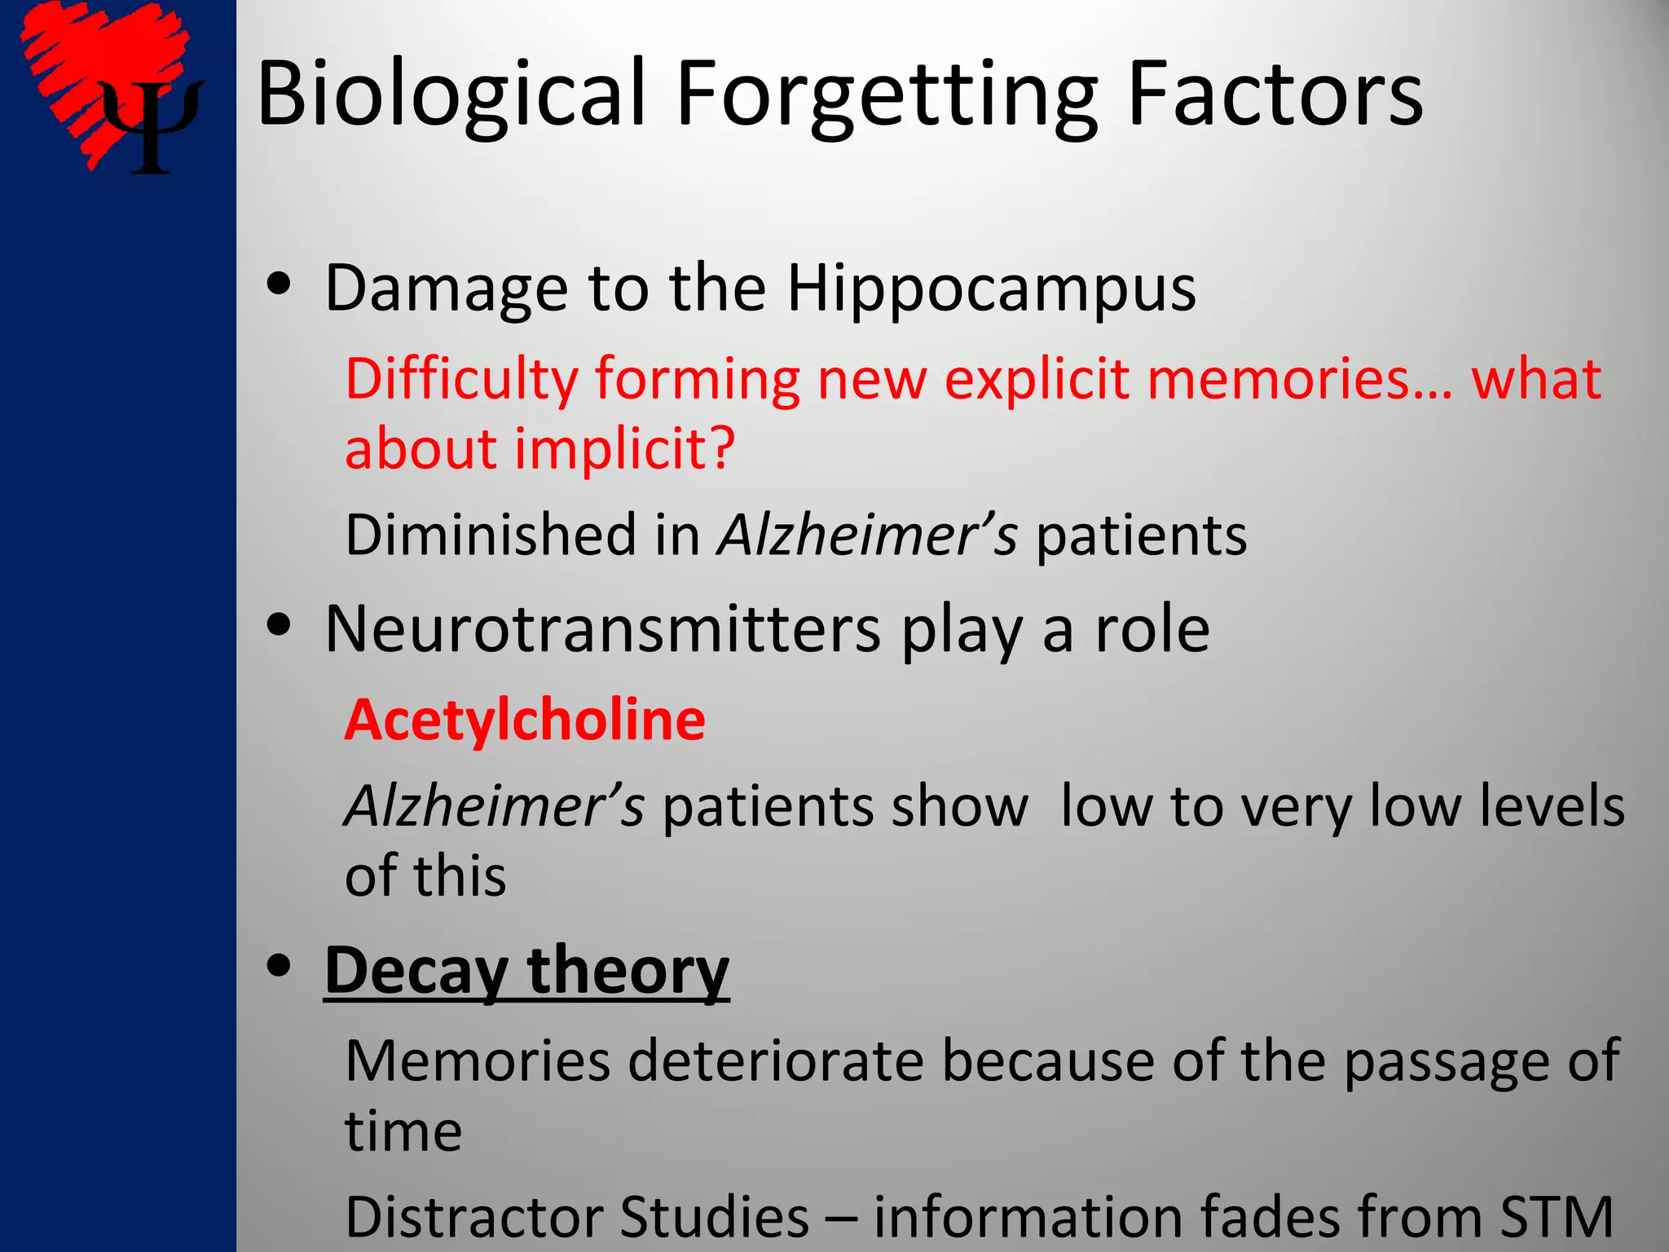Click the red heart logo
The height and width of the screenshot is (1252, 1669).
[x=90, y=65]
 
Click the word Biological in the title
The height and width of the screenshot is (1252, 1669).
[x=451, y=95]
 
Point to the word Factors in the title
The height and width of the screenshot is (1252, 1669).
[x=1275, y=95]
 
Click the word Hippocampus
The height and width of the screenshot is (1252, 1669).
[x=991, y=290]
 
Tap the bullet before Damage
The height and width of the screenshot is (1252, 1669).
[x=279, y=285]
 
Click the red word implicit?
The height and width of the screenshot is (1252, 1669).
[x=625, y=450]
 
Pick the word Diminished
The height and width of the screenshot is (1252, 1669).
[x=489, y=536]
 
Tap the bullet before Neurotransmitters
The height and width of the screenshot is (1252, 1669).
[x=279, y=626]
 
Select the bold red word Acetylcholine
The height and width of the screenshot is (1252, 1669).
[x=525, y=721]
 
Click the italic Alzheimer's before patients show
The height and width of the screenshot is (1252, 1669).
[x=494, y=806]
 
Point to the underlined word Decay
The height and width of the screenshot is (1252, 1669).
[x=415, y=972]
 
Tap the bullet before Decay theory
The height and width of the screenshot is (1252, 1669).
[x=279, y=967]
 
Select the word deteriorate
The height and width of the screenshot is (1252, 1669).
[x=776, y=1061]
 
